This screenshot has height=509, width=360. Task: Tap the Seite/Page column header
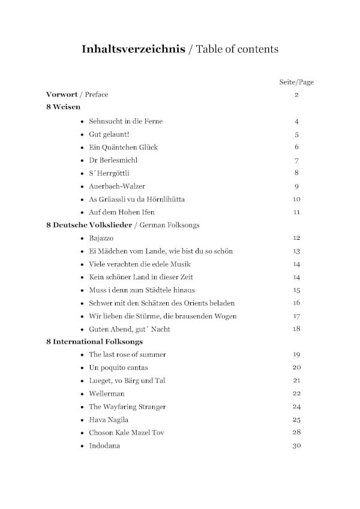coord(296,82)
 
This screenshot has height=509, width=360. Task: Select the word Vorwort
coord(64,95)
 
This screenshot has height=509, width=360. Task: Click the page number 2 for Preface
coord(296,95)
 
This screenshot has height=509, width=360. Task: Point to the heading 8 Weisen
coord(63,108)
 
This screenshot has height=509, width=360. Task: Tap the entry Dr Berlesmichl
coord(113,160)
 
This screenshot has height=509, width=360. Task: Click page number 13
coord(296,251)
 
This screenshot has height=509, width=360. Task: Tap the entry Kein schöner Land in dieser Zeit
coord(141,277)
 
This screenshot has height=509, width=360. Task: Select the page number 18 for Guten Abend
coord(296,329)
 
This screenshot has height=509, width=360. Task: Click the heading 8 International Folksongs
coord(94,342)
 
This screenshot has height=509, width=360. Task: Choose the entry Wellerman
coord(106,393)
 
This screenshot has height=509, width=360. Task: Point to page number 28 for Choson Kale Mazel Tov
coord(296,432)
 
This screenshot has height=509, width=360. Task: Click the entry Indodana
coord(104,445)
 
